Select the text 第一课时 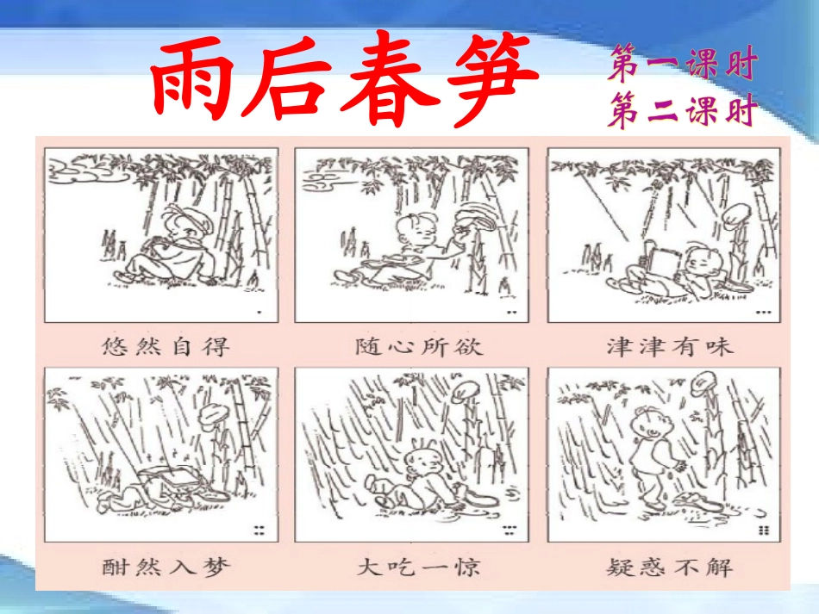pos(681,65)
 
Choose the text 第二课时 pos(681,112)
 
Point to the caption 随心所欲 pos(419,346)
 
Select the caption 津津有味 pos(669,346)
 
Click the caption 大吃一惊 pos(419,567)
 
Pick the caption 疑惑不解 pos(669,567)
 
